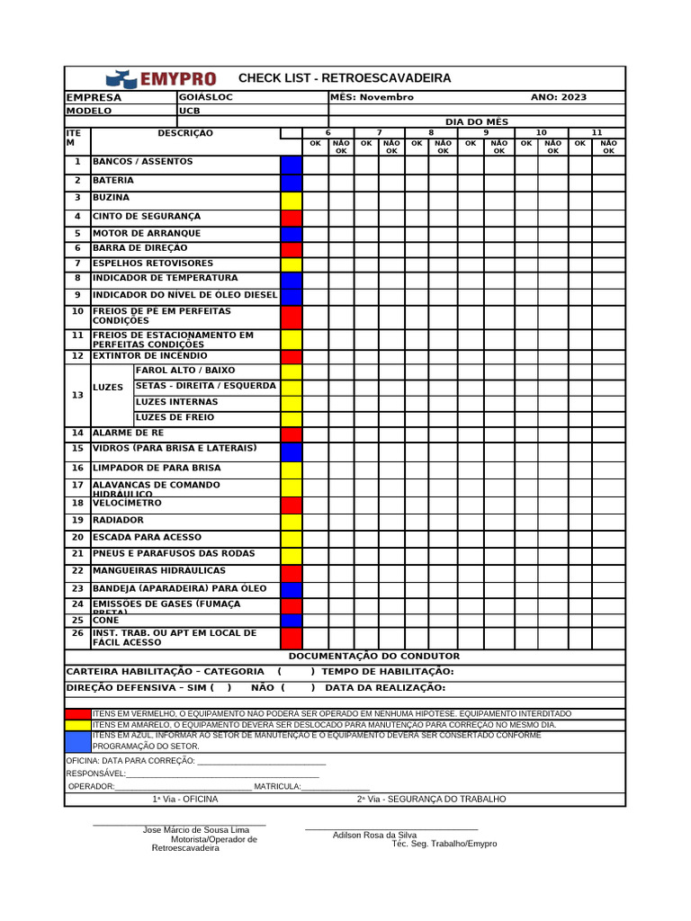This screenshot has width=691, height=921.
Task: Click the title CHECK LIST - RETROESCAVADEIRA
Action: [x=345, y=79]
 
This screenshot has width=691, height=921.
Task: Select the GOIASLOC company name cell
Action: [x=206, y=97]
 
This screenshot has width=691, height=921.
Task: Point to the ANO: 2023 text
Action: [x=558, y=97]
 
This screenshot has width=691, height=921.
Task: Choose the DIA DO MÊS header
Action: [x=477, y=121]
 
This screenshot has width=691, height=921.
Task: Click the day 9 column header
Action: [x=486, y=132]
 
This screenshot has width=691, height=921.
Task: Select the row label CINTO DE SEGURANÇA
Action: [x=147, y=217]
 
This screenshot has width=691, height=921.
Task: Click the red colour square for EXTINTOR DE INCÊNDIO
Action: [x=292, y=357]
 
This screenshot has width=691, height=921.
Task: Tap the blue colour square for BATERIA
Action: [x=292, y=182]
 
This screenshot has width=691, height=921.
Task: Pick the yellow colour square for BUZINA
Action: [x=292, y=200]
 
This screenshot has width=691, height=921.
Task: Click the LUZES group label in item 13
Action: [x=108, y=387]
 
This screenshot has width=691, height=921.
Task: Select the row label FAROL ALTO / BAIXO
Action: [x=184, y=371]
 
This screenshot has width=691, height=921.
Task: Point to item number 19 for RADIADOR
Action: [x=77, y=521]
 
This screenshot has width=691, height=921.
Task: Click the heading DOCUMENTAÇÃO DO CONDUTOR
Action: [x=373, y=657]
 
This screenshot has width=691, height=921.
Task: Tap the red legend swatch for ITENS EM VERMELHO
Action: [x=78, y=713]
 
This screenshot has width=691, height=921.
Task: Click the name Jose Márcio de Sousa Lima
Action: [x=196, y=829]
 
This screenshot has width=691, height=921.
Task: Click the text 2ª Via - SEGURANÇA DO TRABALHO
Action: [x=431, y=799]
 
